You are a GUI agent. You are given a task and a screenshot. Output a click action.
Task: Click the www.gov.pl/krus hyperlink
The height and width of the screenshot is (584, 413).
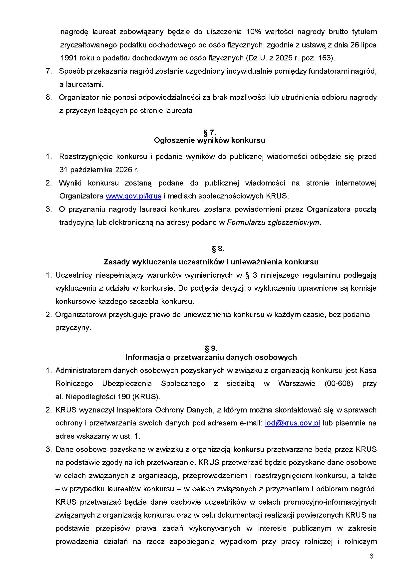point(133,196)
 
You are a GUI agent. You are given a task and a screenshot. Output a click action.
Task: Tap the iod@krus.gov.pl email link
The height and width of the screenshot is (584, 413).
point(292,423)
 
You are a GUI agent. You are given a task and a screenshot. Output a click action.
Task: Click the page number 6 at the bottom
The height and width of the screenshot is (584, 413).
point(371,556)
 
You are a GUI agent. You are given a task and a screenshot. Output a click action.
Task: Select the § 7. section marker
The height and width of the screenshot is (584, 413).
point(209,133)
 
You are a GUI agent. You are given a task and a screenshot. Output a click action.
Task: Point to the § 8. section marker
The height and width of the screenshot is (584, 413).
point(218,249)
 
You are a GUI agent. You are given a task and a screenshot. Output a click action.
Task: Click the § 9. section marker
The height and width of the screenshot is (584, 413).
point(211,348)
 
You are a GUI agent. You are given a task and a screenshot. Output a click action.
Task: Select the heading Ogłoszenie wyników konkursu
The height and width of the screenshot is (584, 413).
point(210,140)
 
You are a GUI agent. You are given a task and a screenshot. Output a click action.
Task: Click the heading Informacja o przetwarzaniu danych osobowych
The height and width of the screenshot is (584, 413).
point(211,357)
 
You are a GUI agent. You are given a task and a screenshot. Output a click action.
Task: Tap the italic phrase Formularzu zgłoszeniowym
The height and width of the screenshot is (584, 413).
point(273,222)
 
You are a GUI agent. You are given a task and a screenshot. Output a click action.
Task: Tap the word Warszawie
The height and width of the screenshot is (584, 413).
point(297,384)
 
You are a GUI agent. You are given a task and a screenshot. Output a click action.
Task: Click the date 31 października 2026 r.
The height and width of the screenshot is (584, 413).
point(99,170)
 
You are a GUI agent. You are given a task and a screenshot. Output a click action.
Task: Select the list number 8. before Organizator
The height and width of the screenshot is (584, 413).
point(49,97)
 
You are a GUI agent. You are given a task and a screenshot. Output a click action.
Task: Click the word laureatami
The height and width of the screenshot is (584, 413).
point(84,84)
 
